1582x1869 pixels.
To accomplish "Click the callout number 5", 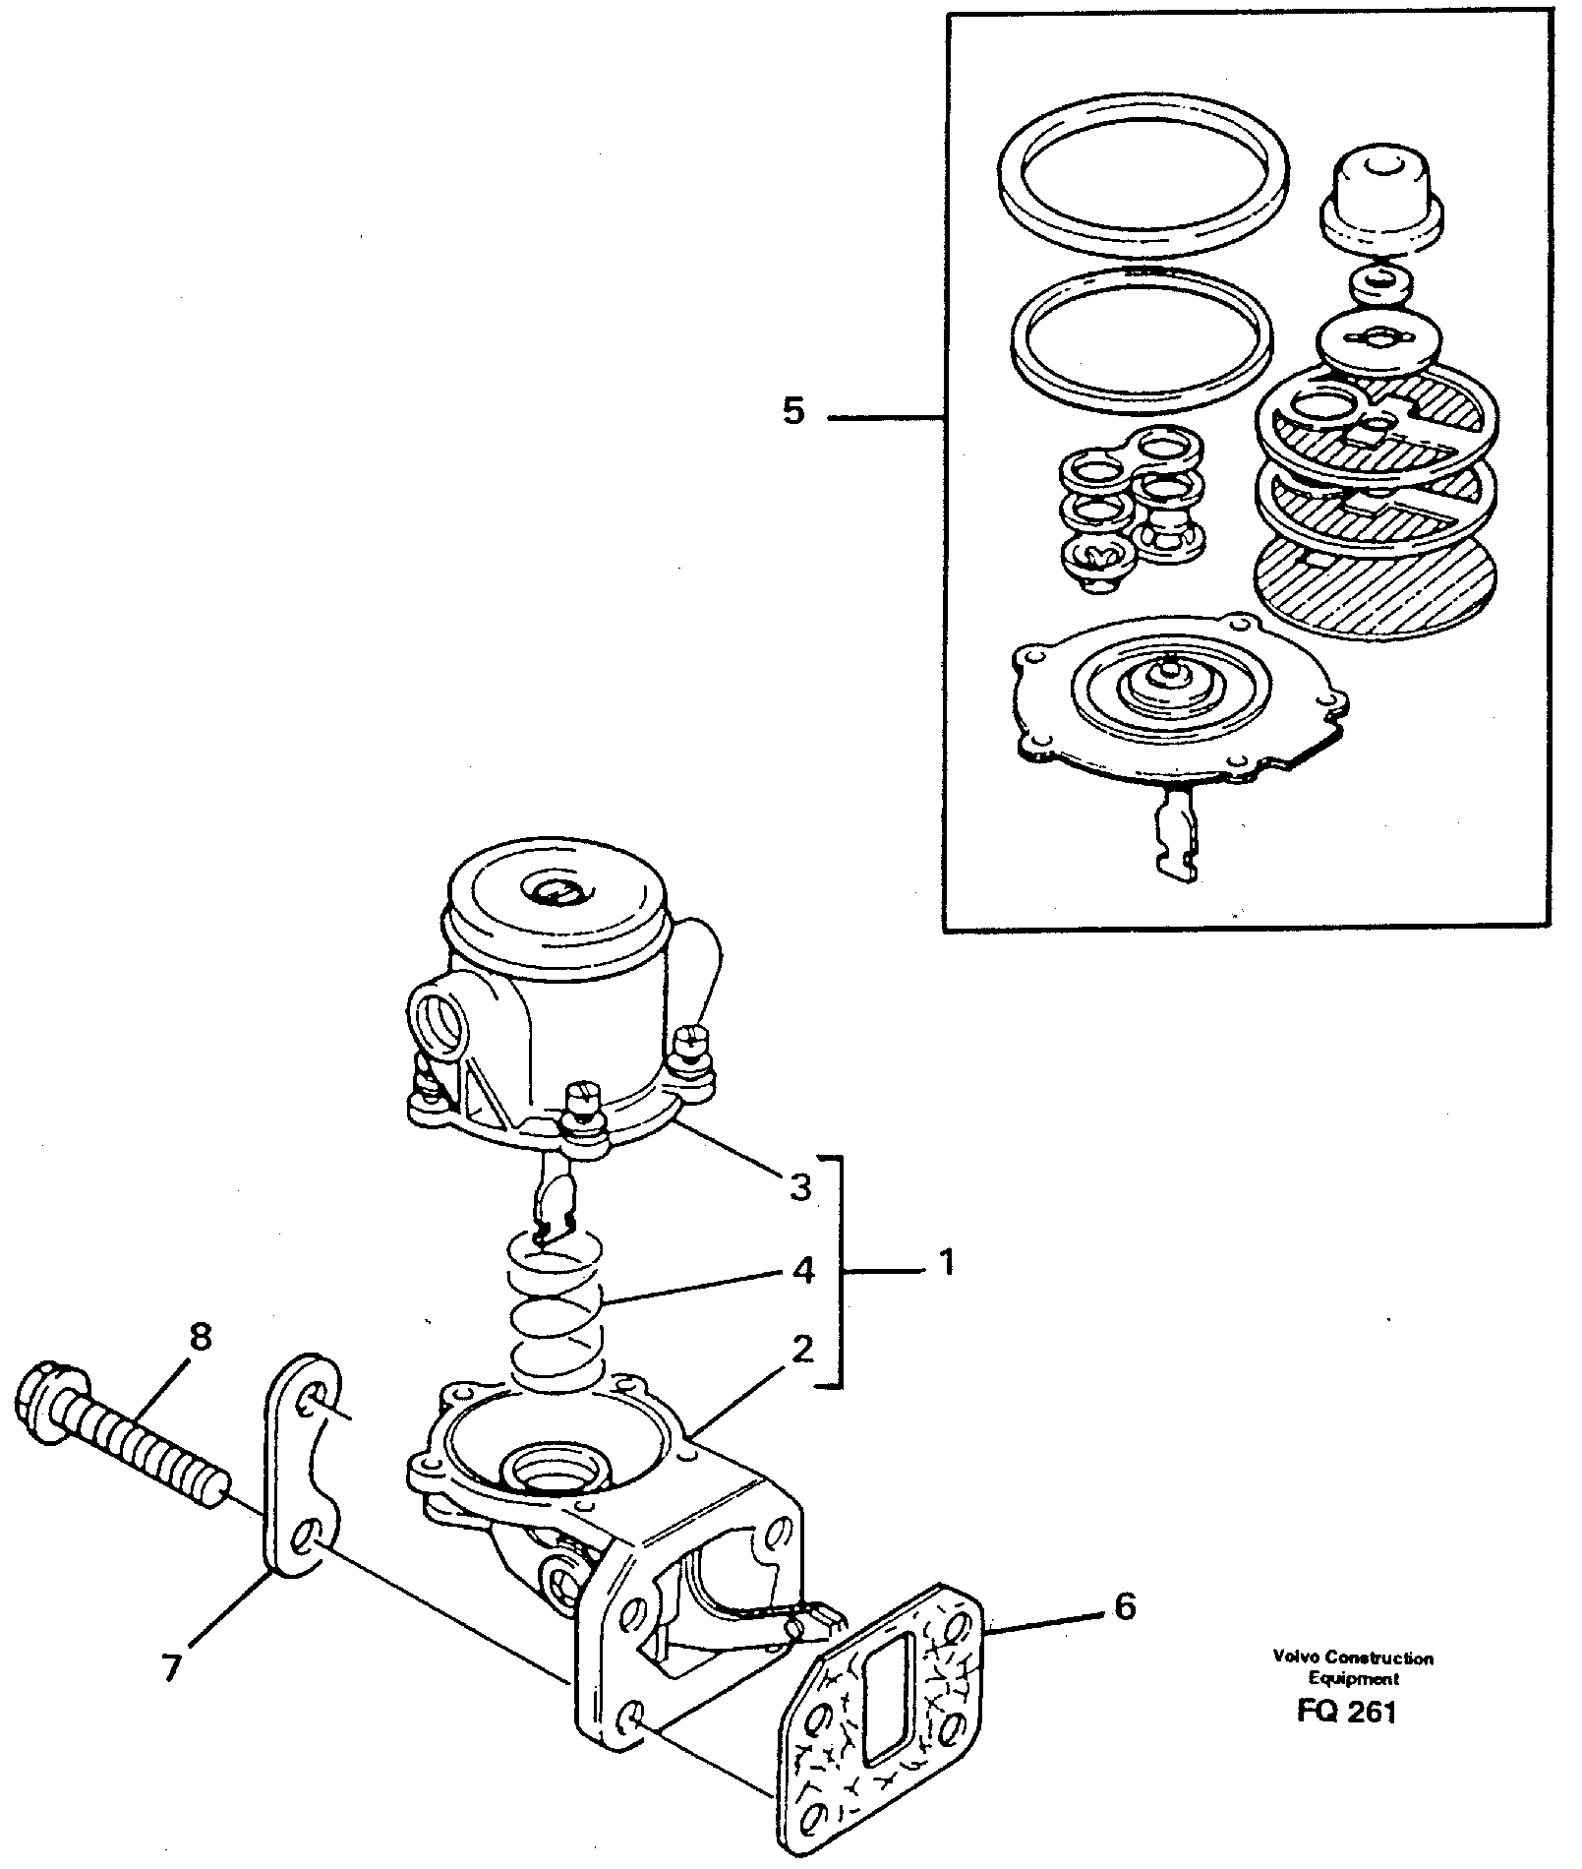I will point(792,411).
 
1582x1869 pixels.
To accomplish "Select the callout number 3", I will point(801,1187).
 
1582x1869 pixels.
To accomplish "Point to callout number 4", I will point(802,1272).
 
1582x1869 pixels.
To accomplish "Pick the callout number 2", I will point(802,1351).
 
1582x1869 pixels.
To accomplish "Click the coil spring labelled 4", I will point(556,1316).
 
